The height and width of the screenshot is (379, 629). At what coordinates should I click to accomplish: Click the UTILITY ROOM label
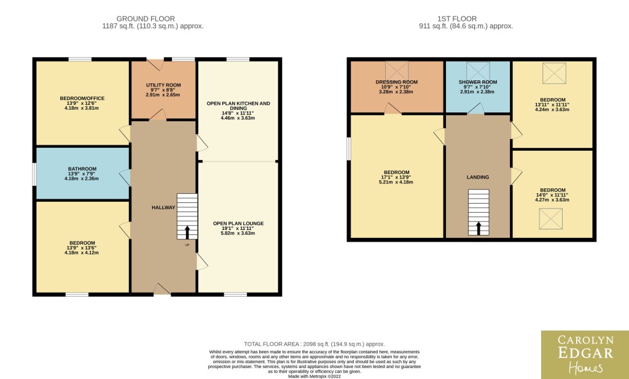point(163,85)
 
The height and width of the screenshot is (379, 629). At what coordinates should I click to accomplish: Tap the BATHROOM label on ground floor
point(82,169)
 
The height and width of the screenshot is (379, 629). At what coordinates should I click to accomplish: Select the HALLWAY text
point(163,207)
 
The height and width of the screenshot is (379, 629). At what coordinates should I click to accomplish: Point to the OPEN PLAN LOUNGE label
point(238,224)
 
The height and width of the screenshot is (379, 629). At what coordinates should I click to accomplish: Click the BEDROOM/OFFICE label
point(82,98)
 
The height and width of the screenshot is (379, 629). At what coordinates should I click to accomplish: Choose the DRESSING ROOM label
point(396,82)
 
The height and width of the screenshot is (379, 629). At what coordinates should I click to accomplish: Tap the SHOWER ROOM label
point(478,82)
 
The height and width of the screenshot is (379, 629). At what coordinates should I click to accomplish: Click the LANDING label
point(478,177)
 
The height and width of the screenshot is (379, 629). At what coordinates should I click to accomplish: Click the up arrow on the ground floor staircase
point(187,232)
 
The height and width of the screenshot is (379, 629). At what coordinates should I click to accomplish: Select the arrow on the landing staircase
point(478,229)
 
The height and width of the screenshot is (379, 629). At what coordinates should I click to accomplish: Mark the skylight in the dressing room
point(397,71)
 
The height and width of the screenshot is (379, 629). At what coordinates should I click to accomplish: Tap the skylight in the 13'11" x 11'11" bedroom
point(555,74)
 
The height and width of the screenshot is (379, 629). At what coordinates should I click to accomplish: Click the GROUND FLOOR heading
point(146,18)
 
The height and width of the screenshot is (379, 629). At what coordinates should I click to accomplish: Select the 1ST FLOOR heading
point(457,18)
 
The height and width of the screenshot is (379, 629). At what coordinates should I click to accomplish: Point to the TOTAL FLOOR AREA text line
point(314,344)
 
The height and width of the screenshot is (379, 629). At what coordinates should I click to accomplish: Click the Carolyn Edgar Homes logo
point(585,354)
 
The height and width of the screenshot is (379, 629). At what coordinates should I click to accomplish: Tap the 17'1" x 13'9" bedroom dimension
point(396,177)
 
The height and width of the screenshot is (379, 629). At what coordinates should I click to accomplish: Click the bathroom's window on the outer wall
point(34,174)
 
